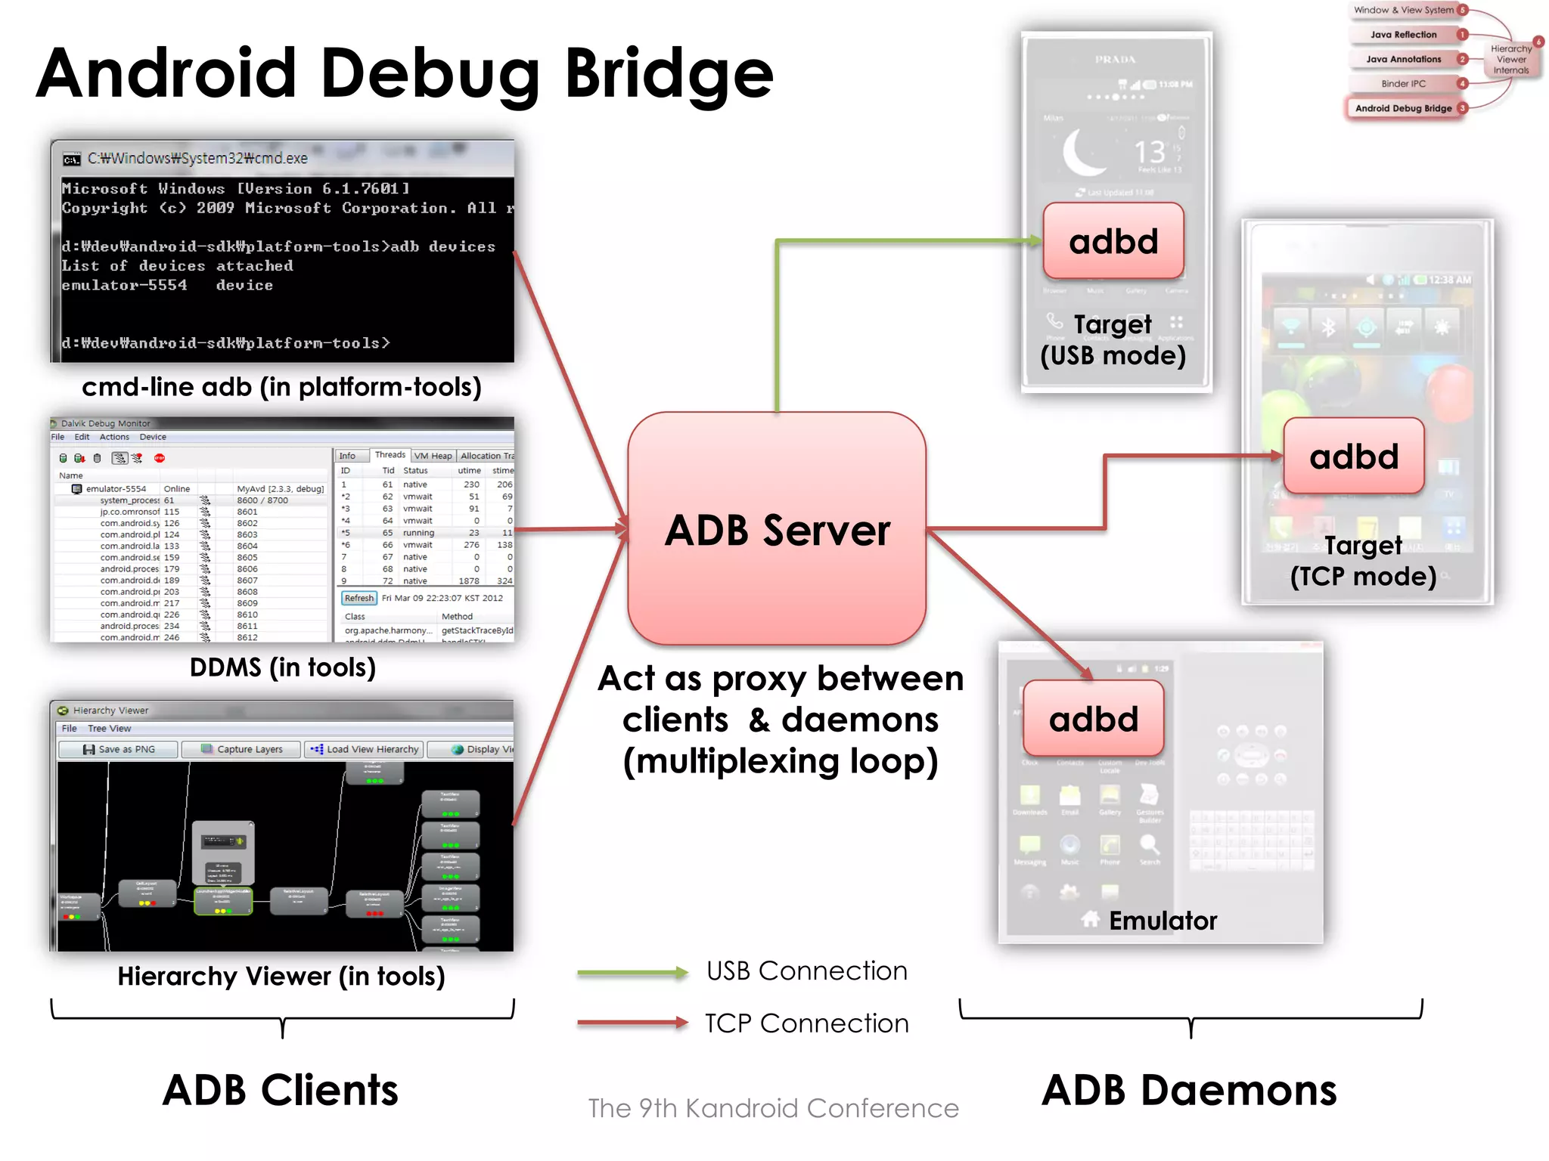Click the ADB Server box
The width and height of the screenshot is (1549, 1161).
(777, 528)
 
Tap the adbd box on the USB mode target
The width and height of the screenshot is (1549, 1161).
(1113, 241)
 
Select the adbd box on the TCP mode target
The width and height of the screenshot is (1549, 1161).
(1354, 457)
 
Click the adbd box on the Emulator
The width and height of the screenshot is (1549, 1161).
(1094, 719)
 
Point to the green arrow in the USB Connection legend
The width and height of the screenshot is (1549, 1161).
(632, 973)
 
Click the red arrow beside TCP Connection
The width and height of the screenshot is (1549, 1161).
(632, 1023)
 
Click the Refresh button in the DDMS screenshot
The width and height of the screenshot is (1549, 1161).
(359, 598)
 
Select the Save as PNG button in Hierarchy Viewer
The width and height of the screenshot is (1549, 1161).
(119, 749)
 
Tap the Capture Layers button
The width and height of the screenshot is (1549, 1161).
(242, 749)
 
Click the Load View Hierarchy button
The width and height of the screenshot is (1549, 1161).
(365, 749)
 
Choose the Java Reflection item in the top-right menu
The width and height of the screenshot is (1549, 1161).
(1403, 35)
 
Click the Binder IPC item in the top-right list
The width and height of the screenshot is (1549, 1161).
(1403, 84)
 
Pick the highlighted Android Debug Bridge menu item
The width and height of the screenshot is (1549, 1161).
(1403, 108)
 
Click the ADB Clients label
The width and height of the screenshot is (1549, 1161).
(281, 1090)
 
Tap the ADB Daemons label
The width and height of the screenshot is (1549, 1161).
(1189, 1090)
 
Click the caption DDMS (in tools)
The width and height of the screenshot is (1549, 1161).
(282, 667)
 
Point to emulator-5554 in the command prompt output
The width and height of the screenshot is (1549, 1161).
(125, 286)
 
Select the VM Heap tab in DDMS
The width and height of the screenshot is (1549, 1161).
(433, 456)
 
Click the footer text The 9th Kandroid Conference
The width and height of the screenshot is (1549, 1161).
(773, 1108)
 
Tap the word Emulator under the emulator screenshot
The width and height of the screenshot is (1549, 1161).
(1163, 921)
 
